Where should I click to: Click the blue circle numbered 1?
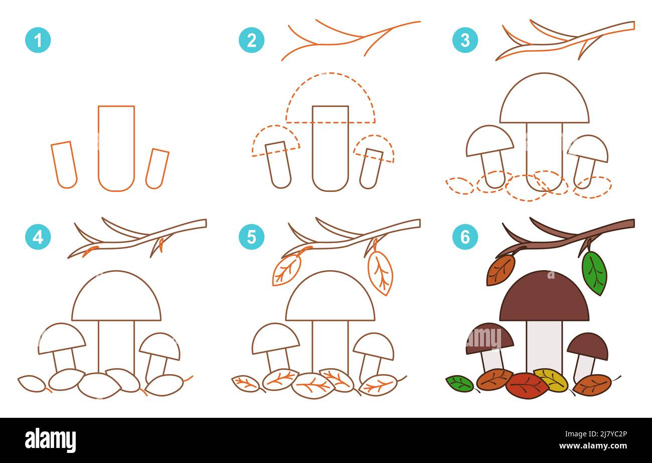(38, 40)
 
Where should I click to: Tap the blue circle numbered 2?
(251, 40)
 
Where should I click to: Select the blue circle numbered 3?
(465, 40)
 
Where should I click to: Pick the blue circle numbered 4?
(38, 237)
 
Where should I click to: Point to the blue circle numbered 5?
(251, 237)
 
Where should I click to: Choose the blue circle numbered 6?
(465, 237)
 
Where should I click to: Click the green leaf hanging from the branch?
(594, 273)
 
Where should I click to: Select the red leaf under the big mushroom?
(527, 386)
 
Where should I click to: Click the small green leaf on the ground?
(460, 384)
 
